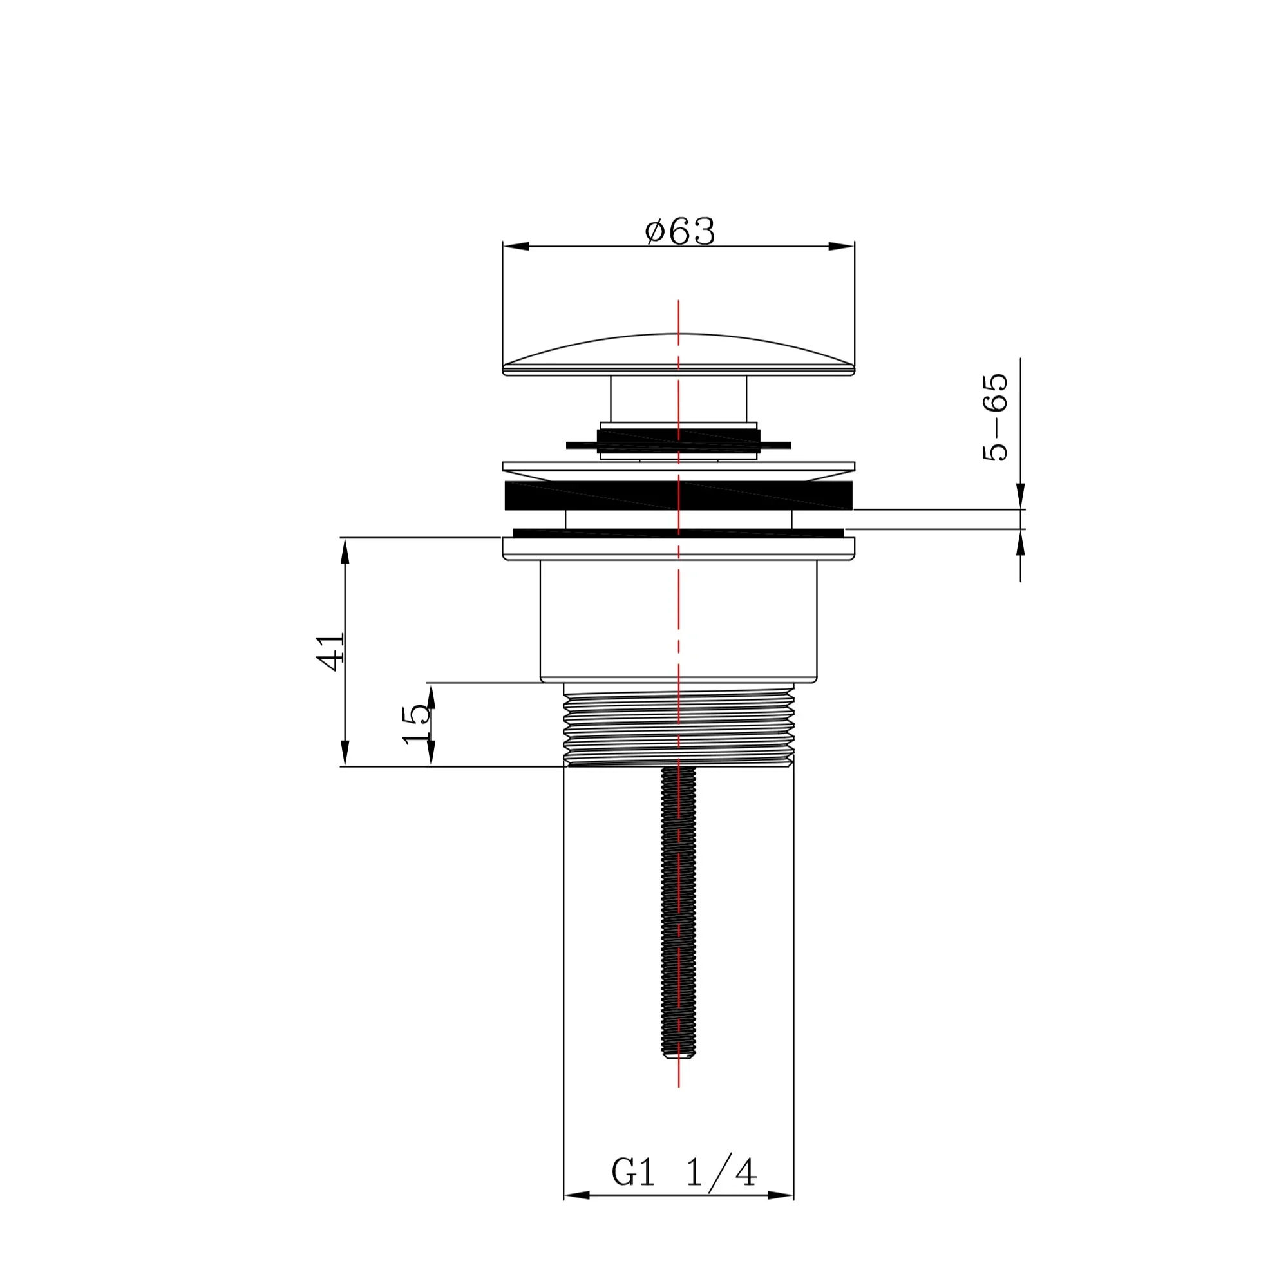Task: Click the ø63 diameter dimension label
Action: coord(680,232)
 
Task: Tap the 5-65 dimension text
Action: coord(995,417)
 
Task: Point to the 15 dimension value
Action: coord(417,724)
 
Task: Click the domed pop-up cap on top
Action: coord(679,355)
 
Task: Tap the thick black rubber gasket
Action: coord(679,495)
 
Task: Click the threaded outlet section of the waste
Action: coord(679,725)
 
